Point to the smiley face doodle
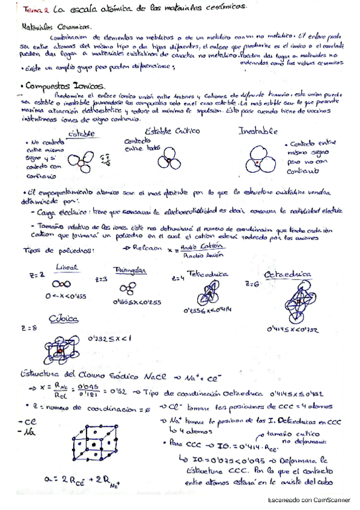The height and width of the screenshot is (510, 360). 110,160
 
